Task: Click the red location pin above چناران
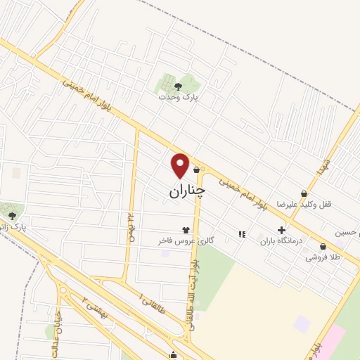click(181, 165)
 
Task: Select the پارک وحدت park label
click(178, 98)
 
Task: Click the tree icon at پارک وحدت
click(178, 86)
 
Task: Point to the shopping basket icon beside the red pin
click(195, 169)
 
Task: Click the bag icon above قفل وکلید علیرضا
click(303, 193)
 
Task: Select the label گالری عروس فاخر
click(186, 240)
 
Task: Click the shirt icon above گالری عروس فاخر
click(186, 229)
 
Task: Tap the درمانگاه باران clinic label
click(281, 240)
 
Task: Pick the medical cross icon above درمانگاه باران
click(281, 229)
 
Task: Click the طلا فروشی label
click(321, 257)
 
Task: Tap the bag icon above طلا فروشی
click(323, 247)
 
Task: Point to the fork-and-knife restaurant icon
click(242, 233)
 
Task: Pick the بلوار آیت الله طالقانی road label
click(193, 289)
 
